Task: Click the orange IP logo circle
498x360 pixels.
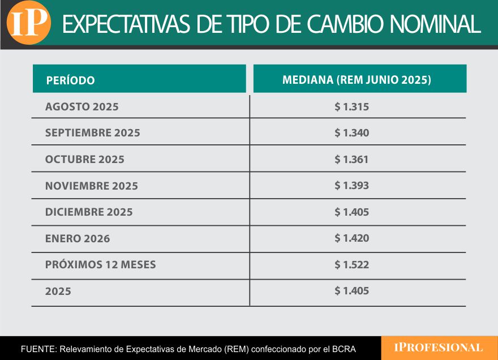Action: click(28, 23)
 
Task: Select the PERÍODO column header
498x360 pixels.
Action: click(70, 80)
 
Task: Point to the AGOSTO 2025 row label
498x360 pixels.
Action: click(82, 106)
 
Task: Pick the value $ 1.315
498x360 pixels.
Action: click(351, 106)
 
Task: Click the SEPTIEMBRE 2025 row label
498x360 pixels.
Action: click(93, 133)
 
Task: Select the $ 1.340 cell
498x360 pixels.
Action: click(351, 133)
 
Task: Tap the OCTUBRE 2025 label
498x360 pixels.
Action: click(85, 160)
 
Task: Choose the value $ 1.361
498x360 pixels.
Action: click(351, 160)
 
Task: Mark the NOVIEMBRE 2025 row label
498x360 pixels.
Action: click(92, 186)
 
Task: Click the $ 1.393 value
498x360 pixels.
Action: click(351, 186)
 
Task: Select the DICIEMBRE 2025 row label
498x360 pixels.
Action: click(89, 212)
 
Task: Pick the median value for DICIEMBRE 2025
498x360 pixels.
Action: click(351, 212)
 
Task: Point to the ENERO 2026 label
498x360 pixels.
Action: click(78, 238)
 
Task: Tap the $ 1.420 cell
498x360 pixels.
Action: click(351, 238)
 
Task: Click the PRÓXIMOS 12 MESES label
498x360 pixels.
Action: click(101, 264)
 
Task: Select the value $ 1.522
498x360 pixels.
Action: click(351, 264)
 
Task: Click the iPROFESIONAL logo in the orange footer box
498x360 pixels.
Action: click(439, 348)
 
